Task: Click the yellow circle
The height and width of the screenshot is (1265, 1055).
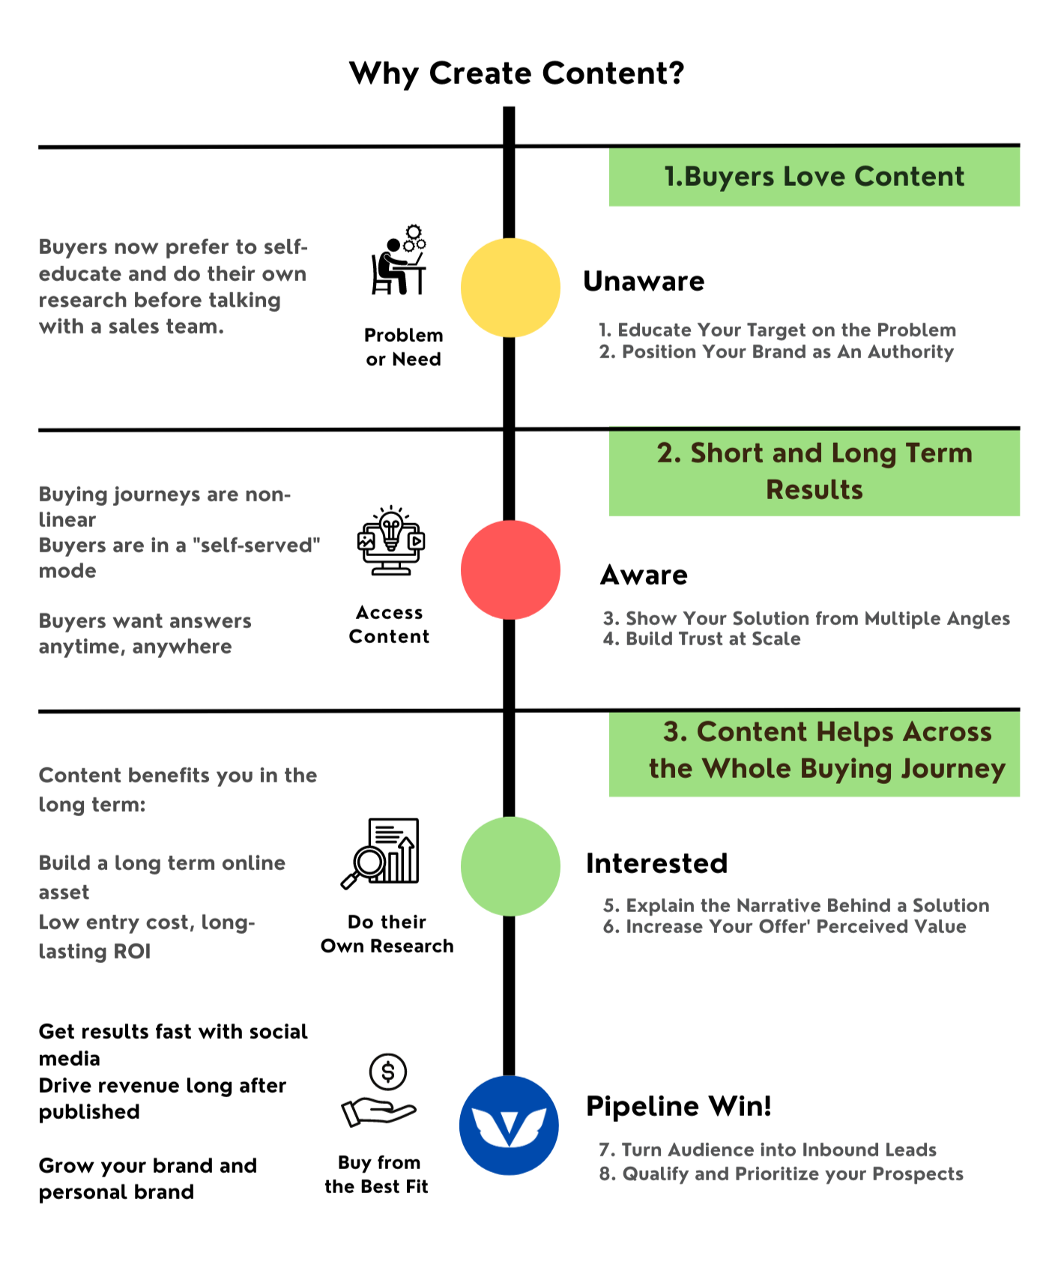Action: coord(510,288)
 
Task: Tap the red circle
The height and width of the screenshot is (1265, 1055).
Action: coord(510,570)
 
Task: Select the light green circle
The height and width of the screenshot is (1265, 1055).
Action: coord(510,866)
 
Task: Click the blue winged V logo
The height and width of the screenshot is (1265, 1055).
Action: coord(509,1125)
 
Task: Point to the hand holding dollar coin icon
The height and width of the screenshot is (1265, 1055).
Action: coord(380,1090)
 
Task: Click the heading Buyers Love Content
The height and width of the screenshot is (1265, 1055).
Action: coord(814,177)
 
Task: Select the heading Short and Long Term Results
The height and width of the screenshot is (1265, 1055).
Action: coord(814,471)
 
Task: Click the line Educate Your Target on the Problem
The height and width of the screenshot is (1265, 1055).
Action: coord(777,330)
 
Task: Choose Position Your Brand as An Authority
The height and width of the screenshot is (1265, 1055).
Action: coord(776,352)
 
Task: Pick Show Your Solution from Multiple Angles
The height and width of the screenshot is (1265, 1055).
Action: coord(806,618)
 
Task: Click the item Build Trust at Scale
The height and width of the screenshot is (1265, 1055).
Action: coord(702,639)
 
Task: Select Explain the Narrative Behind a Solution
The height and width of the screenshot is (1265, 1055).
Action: coord(796,905)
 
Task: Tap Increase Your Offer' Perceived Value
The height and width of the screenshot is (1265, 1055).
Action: coord(785,927)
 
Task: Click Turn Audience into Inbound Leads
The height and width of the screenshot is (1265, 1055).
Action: coord(768,1150)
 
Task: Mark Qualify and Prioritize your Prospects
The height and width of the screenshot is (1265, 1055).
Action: coord(781,1174)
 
